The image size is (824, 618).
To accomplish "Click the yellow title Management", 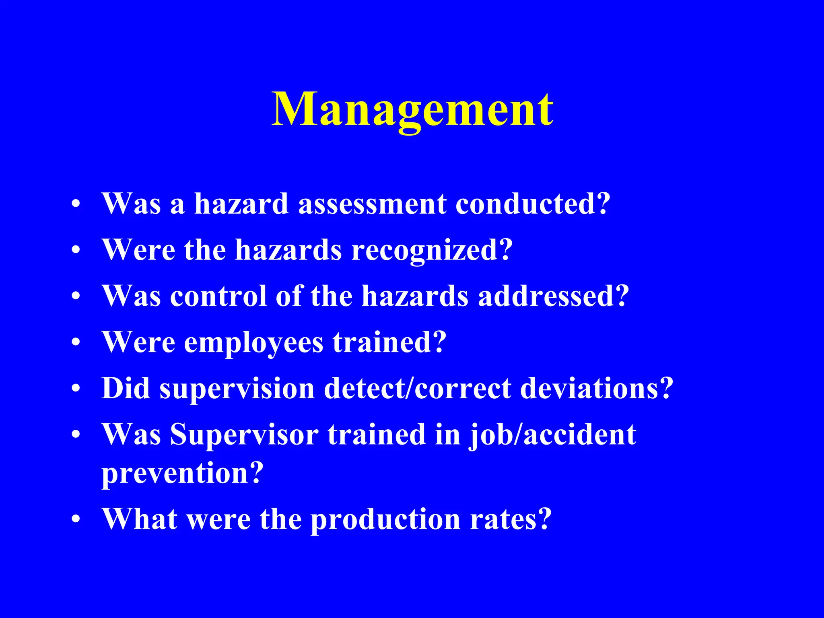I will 412,109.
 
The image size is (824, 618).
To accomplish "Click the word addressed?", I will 553,296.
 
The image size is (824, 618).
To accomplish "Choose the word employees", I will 253,343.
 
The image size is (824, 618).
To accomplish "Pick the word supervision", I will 237,389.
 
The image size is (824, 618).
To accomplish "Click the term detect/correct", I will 417,389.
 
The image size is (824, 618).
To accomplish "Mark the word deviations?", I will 597,389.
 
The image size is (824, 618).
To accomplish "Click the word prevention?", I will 182,474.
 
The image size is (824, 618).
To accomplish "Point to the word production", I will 386,519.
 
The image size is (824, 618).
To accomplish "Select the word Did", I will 126,389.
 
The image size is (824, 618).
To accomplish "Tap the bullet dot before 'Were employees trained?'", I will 76,343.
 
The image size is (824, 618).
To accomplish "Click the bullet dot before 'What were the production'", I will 76,520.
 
